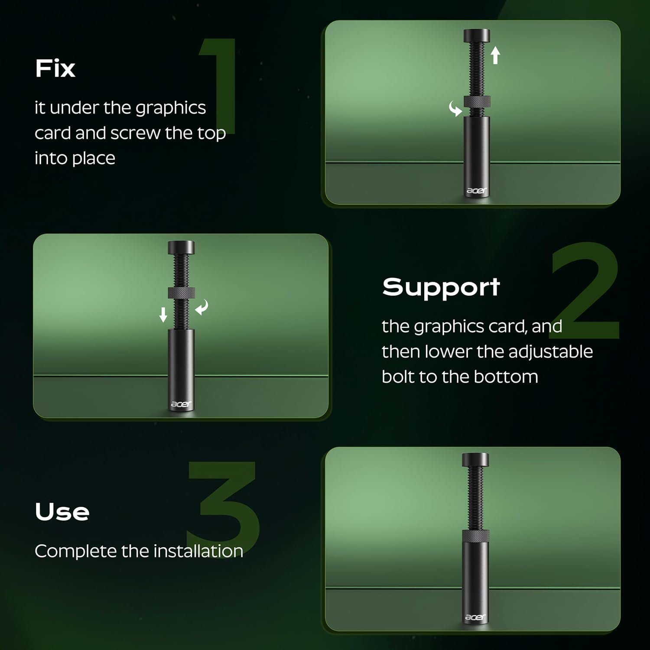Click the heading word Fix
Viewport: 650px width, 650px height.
click(x=55, y=68)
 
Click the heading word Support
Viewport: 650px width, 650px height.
click(x=441, y=287)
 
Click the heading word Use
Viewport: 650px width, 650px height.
click(x=62, y=512)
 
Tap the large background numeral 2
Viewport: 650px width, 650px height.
click(x=585, y=290)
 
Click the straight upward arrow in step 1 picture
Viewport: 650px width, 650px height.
click(x=495, y=55)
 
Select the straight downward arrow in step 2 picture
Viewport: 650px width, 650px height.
click(x=163, y=315)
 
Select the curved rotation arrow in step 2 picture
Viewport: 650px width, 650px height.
click(x=202, y=307)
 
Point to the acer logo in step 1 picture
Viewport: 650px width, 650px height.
click(x=477, y=190)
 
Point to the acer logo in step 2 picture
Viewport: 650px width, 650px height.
click(x=181, y=404)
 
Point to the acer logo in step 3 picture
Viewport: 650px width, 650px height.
click(x=475, y=617)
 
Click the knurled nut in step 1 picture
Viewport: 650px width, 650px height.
click(x=477, y=101)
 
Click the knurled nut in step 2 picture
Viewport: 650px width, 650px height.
click(x=182, y=293)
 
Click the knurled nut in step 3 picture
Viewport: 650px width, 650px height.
click(x=475, y=536)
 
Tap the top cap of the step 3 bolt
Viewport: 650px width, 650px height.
click(x=475, y=460)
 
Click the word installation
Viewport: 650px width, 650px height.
click(x=198, y=551)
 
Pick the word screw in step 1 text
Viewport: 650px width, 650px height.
click(x=135, y=133)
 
